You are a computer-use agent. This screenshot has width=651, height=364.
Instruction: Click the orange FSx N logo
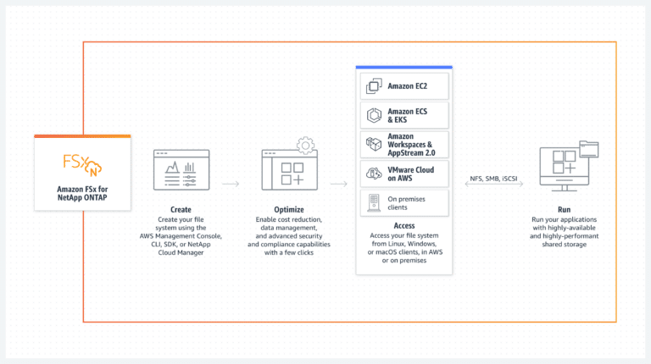click(x=82, y=165)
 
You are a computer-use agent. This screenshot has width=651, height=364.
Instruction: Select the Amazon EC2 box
click(x=404, y=86)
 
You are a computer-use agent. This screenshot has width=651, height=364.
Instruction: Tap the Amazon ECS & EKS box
click(x=404, y=115)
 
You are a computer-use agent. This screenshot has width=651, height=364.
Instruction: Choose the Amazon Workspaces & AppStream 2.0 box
click(x=404, y=145)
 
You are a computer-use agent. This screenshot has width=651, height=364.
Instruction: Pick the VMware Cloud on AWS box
click(x=404, y=174)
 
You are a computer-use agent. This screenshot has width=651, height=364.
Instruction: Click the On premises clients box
click(x=404, y=203)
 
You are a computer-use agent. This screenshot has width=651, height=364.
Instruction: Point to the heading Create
click(x=181, y=210)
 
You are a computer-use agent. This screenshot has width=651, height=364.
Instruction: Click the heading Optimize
click(x=289, y=210)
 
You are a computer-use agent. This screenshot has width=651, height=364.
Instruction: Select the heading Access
click(x=404, y=225)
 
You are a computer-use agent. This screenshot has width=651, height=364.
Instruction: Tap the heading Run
click(x=564, y=210)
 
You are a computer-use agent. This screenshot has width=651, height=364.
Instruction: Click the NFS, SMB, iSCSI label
click(x=493, y=179)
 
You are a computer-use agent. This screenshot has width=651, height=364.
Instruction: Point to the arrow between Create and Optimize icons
click(x=231, y=184)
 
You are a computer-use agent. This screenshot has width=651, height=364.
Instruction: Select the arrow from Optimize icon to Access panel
click(x=339, y=184)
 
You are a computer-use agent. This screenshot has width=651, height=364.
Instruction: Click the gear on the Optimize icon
click(x=305, y=146)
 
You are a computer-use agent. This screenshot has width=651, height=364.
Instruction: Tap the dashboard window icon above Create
click(x=181, y=170)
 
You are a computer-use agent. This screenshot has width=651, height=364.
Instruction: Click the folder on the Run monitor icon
click(x=589, y=149)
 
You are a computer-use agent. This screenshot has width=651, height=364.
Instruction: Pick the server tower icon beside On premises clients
click(x=374, y=203)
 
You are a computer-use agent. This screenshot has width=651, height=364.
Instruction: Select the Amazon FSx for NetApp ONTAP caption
click(x=82, y=193)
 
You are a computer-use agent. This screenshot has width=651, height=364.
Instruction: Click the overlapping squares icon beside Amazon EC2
click(x=374, y=85)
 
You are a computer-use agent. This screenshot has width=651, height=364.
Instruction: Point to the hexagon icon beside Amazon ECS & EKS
click(x=374, y=115)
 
